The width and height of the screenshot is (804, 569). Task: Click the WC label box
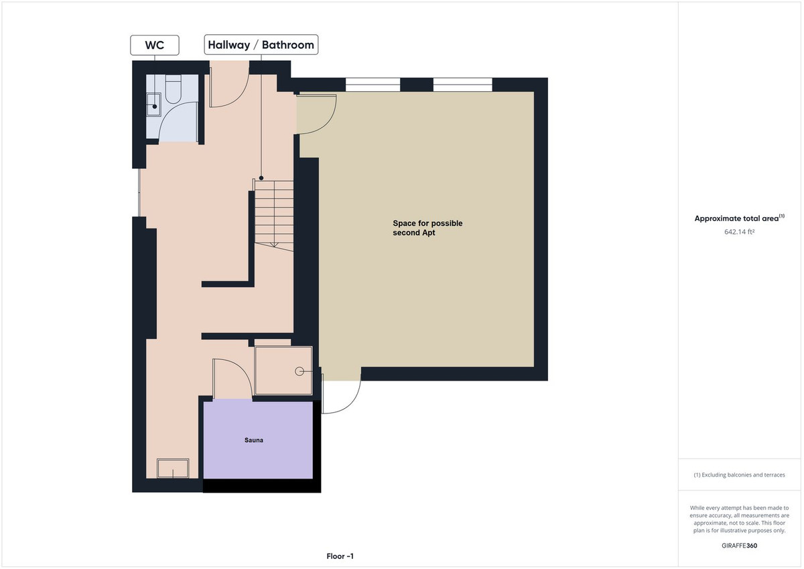coord(154,45)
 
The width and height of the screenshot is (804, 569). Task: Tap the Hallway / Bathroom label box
coord(261,45)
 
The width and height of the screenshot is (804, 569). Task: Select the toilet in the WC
coord(174,90)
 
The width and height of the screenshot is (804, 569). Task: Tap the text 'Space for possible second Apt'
coord(427,228)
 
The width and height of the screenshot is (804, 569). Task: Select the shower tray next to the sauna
coord(283,371)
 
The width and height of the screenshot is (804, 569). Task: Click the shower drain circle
coord(301,371)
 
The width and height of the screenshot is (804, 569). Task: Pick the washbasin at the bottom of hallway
coord(172,468)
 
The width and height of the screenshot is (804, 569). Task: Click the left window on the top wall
coord(372,84)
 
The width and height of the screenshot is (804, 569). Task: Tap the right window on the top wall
coord(462,84)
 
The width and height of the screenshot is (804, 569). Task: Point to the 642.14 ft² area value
coord(739,232)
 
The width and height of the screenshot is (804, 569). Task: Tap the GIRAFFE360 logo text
coord(739,546)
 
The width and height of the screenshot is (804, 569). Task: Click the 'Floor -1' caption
coord(340,556)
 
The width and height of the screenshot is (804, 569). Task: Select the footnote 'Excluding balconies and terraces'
coord(739,475)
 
